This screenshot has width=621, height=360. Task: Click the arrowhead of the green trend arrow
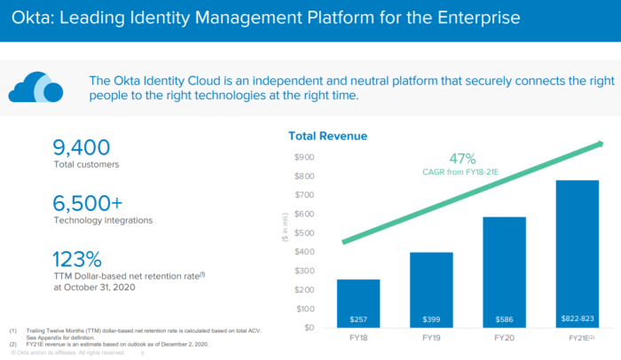click(601, 144)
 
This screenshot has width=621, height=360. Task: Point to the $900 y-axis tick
click(303, 157)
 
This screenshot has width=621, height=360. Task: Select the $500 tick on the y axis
click(303, 233)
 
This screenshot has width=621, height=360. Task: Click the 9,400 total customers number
click(82, 146)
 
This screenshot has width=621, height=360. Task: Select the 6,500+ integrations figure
click(92, 201)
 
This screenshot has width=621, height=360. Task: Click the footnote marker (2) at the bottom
click(14, 342)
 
